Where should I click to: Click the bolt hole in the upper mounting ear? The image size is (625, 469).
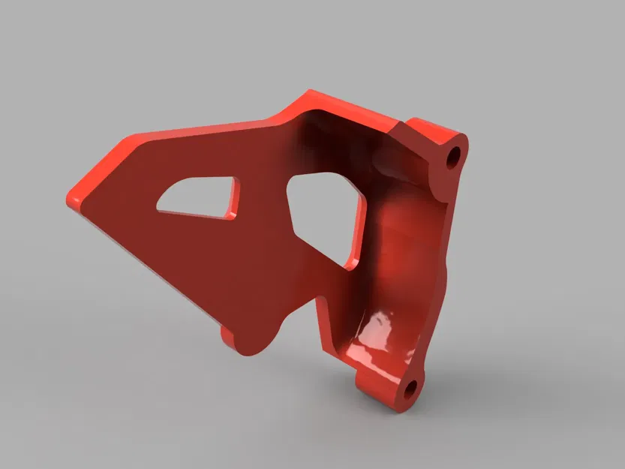(x=452, y=158)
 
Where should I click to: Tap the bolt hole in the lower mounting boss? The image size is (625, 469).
(x=410, y=389)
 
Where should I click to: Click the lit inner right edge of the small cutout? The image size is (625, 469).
(x=234, y=200)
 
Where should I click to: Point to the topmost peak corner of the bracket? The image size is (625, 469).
(x=309, y=93)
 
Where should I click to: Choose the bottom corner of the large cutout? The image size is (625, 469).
(x=347, y=266)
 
